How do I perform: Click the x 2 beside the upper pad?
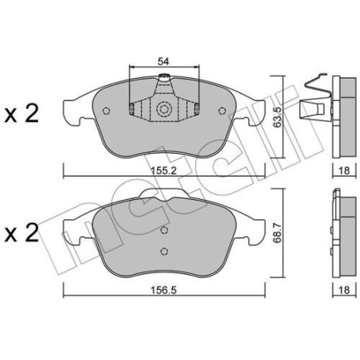(22, 115)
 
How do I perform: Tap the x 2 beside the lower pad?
(22, 235)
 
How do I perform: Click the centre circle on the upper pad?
(164, 111)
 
